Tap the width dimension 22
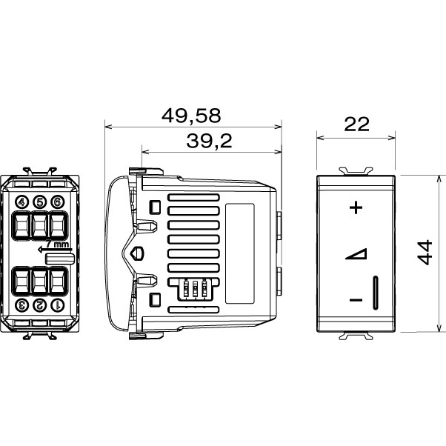(x=356, y=124)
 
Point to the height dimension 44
(x=424, y=252)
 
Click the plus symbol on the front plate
(x=356, y=207)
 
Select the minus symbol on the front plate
(x=356, y=300)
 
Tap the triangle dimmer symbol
(x=356, y=255)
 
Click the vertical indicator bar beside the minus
(x=376, y=293)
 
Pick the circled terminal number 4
(x=21, y=202)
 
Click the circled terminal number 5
(x=39, y=202)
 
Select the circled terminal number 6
(x=57, y=202)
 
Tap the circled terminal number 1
(x=57, y=304)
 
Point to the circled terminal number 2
(x=39, y=304)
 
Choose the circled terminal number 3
(x=21, y=304)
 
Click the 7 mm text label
(x=60, y=244)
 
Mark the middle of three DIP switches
(x=196, y=288)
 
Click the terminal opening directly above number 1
(x=57, y=280)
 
